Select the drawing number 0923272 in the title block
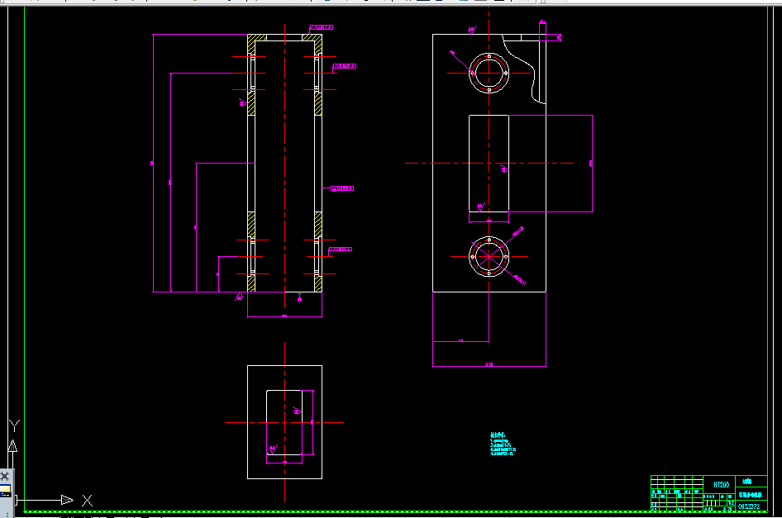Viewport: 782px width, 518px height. [750, 506]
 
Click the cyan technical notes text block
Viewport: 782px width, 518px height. [502, 444]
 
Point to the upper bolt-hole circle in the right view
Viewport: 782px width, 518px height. [489, 74]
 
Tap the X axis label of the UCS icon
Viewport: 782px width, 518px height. [87, 500]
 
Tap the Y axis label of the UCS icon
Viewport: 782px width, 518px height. [13, 425]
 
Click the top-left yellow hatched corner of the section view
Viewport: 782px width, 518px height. [255, 38]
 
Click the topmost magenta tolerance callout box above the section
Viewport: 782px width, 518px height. [322, 27]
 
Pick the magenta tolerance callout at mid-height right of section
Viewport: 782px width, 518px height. [342, 188]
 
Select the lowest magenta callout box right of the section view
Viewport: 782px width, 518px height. [341, 249]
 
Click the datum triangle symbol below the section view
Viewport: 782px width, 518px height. [299, 298]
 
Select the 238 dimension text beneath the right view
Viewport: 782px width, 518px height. [489, 364]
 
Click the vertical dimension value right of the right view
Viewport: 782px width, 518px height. [590, 164]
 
